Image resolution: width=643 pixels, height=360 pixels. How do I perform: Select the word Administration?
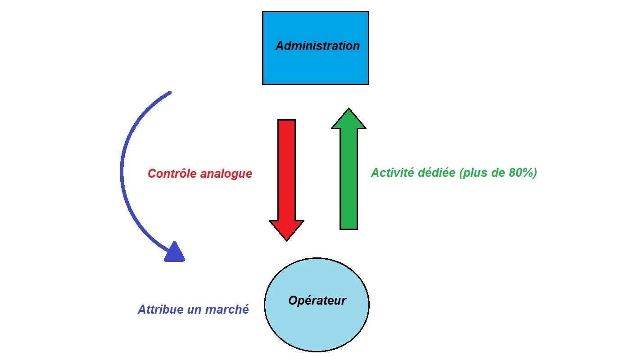(x=317, y=46)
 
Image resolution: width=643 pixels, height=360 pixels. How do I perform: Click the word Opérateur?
(x=317, y=301)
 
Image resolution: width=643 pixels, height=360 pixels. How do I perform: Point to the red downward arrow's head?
(x=286, y=229)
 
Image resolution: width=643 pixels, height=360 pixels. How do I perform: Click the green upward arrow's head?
(x=349, y=119)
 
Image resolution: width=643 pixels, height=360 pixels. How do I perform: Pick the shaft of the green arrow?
(x=349, y=180)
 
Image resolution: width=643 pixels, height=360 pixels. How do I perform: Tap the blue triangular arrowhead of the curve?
(x=174, y=252)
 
